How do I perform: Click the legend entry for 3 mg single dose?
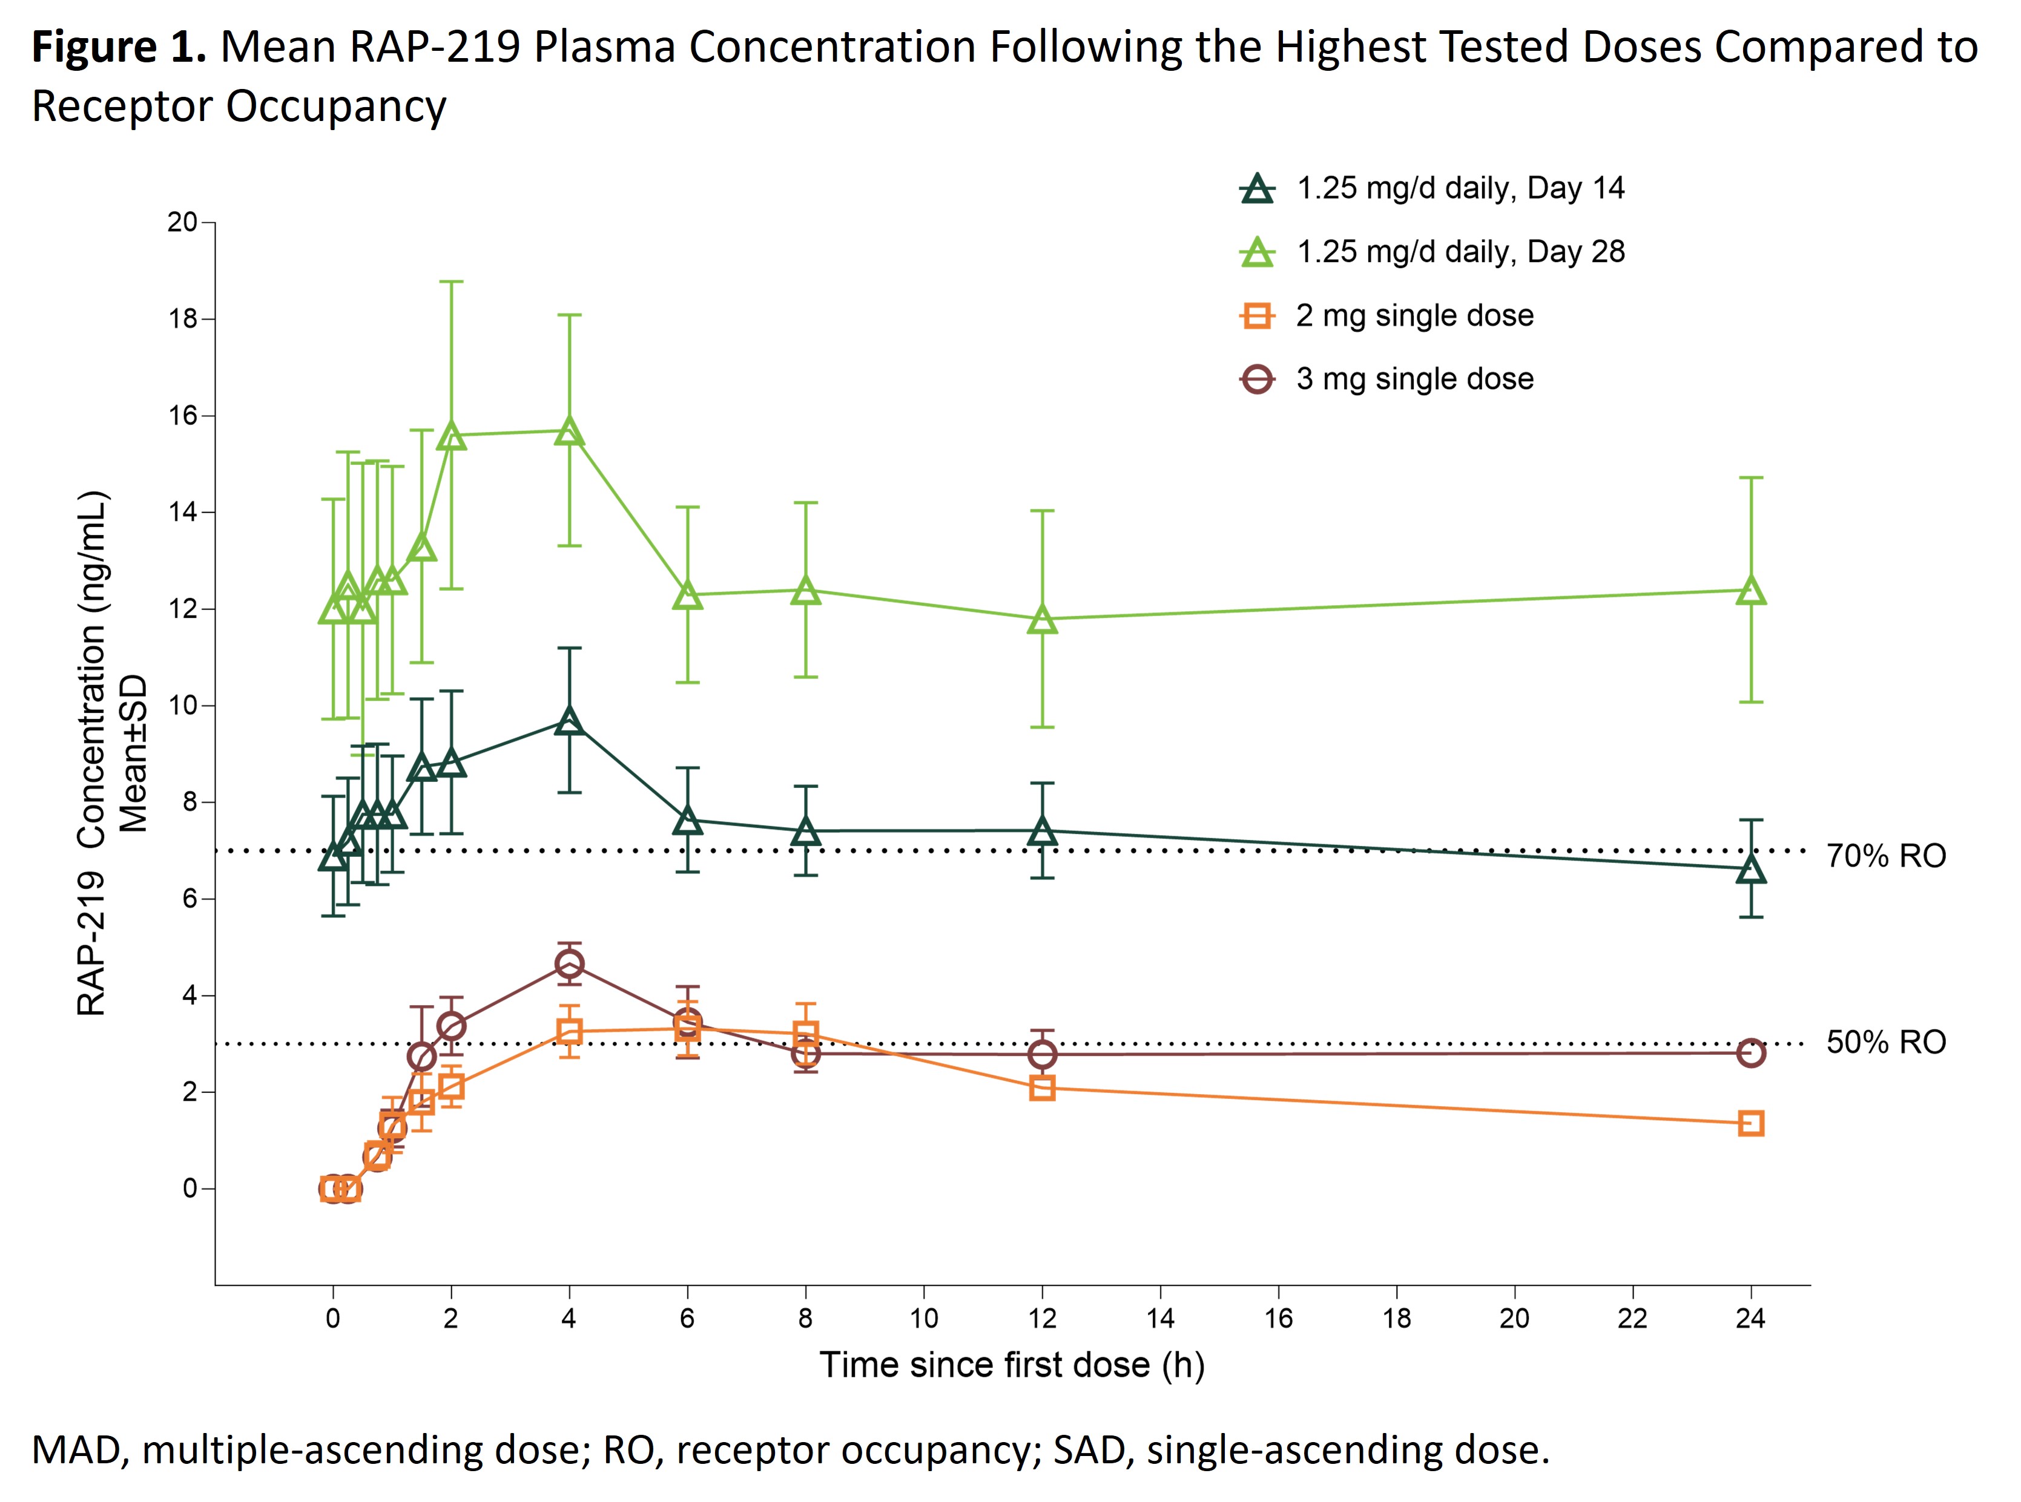click(1414, 379)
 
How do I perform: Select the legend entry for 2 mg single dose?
click(1414, 315)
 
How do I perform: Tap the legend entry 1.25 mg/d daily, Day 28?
click(1460, 252)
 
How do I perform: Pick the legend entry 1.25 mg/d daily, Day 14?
click(1460, 188)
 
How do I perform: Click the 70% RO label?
click(1885, 856)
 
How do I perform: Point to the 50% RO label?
click(1885, 1042)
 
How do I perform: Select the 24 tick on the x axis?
click(1750, 1319)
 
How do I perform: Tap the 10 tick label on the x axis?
click(923, 1319)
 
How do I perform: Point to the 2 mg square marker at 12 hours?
click(1043, 1088)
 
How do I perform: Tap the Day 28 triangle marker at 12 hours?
click(1043, 621)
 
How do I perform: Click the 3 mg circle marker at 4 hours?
click(569, 964)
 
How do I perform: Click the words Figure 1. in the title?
click(118, 47)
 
